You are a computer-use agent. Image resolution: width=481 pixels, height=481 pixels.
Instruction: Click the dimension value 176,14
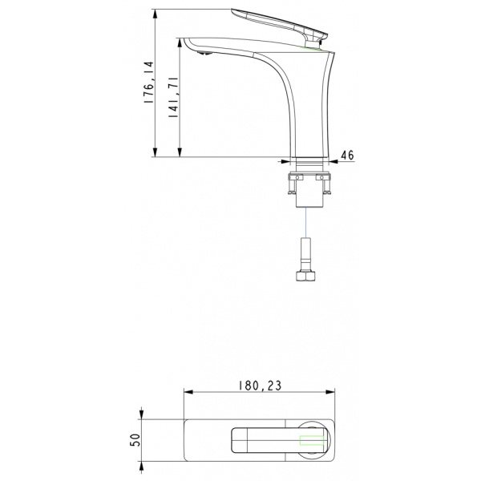point(149,83)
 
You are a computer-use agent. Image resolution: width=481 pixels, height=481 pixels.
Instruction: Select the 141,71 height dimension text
point(173,97)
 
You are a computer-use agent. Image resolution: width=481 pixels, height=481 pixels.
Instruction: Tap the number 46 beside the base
point(348,156)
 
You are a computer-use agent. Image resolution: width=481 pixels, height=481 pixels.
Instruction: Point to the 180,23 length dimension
point(260,386)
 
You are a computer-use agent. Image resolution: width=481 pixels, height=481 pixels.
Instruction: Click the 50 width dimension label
point(135,440)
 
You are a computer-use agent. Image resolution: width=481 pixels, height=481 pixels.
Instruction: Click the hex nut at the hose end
point(306,275)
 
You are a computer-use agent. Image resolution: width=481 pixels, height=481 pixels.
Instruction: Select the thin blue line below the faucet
point(306,222)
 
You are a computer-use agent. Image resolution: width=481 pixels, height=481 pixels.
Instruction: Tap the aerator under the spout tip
point(204,54)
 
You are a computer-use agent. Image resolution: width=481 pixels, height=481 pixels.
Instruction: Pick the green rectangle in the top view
point(312,440)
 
